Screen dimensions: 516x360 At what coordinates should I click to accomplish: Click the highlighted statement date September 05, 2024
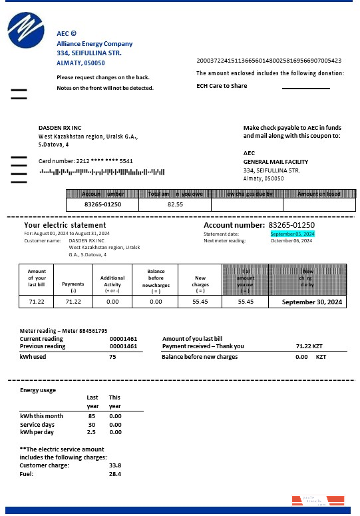tap(292, 234)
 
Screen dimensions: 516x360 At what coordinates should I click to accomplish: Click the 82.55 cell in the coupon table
tap(175, 204)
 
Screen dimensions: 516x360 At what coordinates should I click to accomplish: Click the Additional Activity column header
tap(112, 280)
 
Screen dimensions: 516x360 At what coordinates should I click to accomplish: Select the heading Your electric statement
tap(65, 225)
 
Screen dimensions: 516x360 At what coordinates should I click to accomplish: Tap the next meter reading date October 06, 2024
tap(291, 240)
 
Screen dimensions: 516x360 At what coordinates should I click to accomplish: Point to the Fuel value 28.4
tap(114, 473)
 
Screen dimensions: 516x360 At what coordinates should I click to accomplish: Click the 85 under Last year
tap(91, 416)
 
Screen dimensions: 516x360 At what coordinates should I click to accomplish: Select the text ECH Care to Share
tap(222, 86)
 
